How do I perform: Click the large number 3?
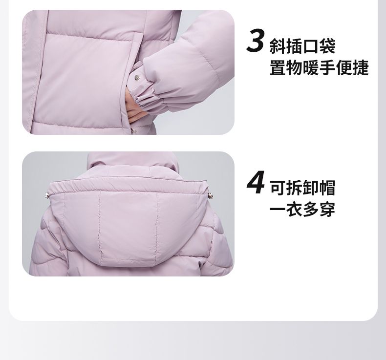(255, 41)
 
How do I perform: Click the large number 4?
(256, 183)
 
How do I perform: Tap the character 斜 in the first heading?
(278, 46)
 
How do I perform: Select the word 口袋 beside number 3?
(319, 46)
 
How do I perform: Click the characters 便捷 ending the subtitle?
(352, 67)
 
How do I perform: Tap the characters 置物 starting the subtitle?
(286, 67)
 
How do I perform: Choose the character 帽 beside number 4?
(327, 188)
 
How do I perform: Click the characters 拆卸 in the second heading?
(303, 188)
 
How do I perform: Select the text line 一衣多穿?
(302, 209)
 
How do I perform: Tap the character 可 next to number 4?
(278, 188)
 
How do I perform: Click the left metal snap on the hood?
(47, 195)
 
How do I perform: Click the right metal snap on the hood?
(211, 195)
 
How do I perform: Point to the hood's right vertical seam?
(156, 229)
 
